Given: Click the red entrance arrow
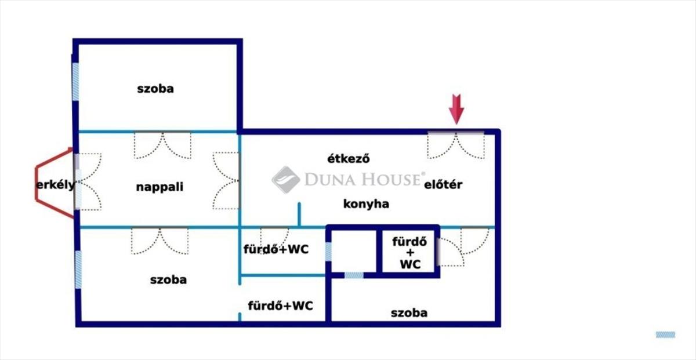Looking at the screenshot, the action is tap(456, 110).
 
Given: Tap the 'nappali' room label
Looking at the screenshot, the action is tap(159, 187).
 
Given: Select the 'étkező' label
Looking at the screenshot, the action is tap(349, 158).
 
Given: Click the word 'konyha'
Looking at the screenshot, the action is tap(366, 204).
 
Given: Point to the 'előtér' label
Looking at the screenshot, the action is tap(443, 184).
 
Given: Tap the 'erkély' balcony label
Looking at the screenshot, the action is tap(56, 185).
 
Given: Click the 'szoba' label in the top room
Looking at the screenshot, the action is tap(155, 89).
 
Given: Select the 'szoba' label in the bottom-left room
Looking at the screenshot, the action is tap(168, 280).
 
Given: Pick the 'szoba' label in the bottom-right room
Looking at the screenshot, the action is tap(409, 313).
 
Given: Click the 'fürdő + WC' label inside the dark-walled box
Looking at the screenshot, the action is tap(409, 253).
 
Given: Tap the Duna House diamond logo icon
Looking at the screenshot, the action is tap(286, 180).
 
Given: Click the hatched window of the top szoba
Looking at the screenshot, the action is tap(75, 82).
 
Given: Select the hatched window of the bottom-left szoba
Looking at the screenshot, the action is tap(78, 270).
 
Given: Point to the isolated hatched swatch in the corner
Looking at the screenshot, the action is tap(666, 334).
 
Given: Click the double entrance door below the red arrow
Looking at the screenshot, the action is tap(456, 145).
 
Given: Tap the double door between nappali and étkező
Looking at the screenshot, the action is tap(226, 180).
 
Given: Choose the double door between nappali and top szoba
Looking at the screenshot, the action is tap(162, 145).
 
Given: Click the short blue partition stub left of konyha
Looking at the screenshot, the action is tap(299, 214).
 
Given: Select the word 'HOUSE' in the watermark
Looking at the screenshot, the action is tap(391, 179).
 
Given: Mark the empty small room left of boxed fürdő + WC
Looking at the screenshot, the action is tap(354, 252).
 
